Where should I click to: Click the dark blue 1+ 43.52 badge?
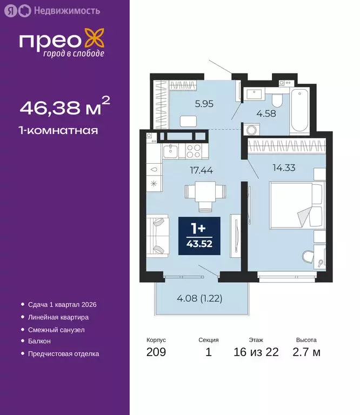pyautogui.click(x=199, y=236)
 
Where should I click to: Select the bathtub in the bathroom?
pyautogui.click(x=299, y=112)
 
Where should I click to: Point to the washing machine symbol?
pyautogui.click(x=252, y=130)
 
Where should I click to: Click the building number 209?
pyautogui.click(x=156, y=352)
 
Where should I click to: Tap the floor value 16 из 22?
pyautogui.click(x=256, y=352)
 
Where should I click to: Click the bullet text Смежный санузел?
pyautogui.click(x=56, y=330)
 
